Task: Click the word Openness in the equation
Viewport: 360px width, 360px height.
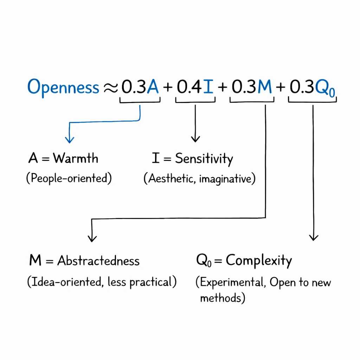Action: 63,87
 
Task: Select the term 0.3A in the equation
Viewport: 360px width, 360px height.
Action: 140,87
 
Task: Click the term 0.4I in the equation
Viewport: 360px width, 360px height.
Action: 195,87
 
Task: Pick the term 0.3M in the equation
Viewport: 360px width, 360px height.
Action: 252,87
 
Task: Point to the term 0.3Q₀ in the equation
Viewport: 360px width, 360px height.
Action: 312,88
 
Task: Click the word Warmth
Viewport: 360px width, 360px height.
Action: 76,158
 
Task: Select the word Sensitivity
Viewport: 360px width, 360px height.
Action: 204,159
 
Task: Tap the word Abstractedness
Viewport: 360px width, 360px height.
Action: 98,261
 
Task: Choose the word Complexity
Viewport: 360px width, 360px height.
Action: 259,261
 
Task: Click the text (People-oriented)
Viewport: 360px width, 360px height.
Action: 69,178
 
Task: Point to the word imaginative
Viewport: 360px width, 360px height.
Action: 227,179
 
